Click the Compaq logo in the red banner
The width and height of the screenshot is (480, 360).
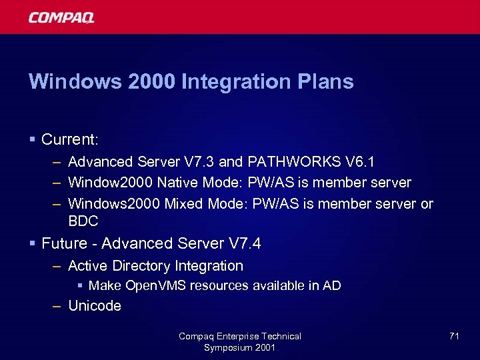pos(61,17)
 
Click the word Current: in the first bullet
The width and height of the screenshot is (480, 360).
pos(70,139)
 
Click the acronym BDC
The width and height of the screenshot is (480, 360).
pos(83,221)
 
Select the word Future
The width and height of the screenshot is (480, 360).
pos(64,243)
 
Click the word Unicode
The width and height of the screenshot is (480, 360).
pos(95,306)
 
